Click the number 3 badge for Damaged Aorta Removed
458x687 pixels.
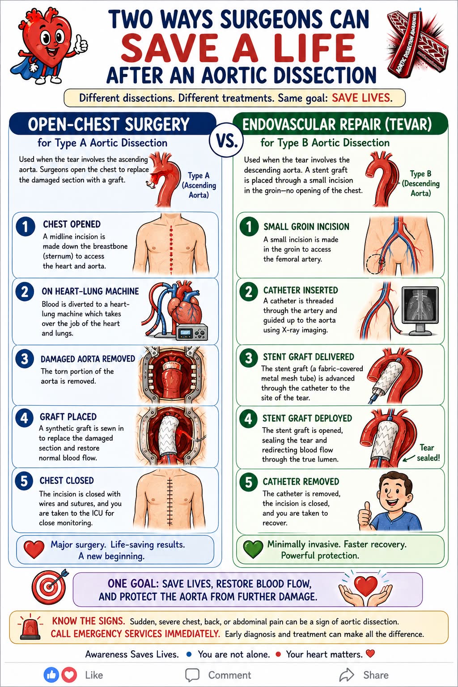tap(25, 359)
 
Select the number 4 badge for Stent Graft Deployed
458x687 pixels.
tap(248, 419)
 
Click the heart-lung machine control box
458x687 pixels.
tap(192, 332)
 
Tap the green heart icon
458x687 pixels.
tap(253, 549)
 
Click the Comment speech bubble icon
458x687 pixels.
tap(192, 675)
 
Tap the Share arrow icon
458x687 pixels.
tap(347, 675)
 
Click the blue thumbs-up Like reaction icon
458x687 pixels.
tap(51, 675)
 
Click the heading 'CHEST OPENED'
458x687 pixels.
tap(72, 224)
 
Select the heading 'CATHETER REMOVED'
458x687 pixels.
tap(301, 482)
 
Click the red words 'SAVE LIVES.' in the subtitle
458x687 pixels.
tap(362, 98)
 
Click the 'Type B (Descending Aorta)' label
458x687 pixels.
tap(420, 183)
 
